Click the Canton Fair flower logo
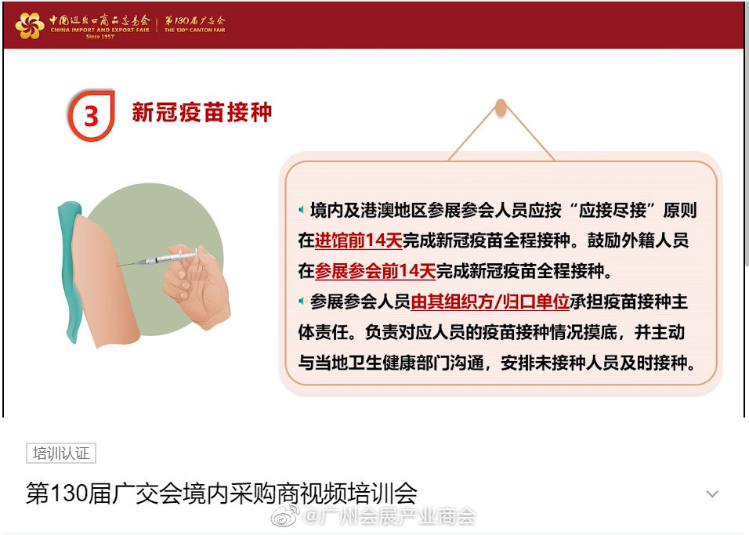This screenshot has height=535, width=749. click(30, 25)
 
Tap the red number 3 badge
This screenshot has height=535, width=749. click(91, 115)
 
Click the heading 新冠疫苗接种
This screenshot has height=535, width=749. click(201, 112)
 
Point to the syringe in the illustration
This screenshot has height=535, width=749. click(157, 258)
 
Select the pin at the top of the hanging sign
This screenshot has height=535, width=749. click(501, 107)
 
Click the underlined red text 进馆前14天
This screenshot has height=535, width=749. click(358, 240)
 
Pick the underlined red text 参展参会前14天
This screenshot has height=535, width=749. click(375, 271)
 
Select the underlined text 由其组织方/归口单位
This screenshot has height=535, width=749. click(490, 302)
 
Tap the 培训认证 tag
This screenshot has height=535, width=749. click(61, 454)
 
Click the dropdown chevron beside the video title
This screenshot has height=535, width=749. click(712, 494)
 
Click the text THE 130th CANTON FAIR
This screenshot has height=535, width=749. click(194, 30)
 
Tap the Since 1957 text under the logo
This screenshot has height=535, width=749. click(100, 36)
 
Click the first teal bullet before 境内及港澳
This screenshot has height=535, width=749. click(302, 210)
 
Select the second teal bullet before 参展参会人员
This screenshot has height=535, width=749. click(302, 302)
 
